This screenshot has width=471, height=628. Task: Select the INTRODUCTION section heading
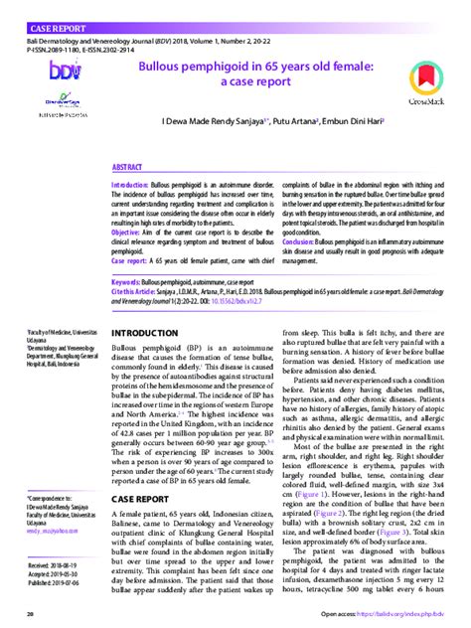[x=150, y=332]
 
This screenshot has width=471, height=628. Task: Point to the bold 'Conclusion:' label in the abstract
[x=303, y=240]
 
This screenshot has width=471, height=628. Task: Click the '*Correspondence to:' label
[x=50, y=493]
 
